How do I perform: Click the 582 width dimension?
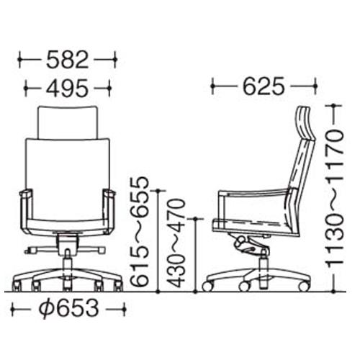pyautogui.click(x=67, y=59)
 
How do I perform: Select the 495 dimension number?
pyautogui.click(x=67, y=88)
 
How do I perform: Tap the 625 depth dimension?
pyautogui.click(x=264, y=86)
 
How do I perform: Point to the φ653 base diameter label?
pyautogui.click(x=69, y=307)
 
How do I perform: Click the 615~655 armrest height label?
pyautogui.click(x=139, y=232)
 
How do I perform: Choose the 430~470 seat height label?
pyautogui.click(x=177, y=243)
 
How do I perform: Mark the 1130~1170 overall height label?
pyautogui.click(x=335, y=198)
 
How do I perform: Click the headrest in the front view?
pyautogui.click(x=68, y=122)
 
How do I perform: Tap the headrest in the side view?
pyautogui.click(x=305, y=123)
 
